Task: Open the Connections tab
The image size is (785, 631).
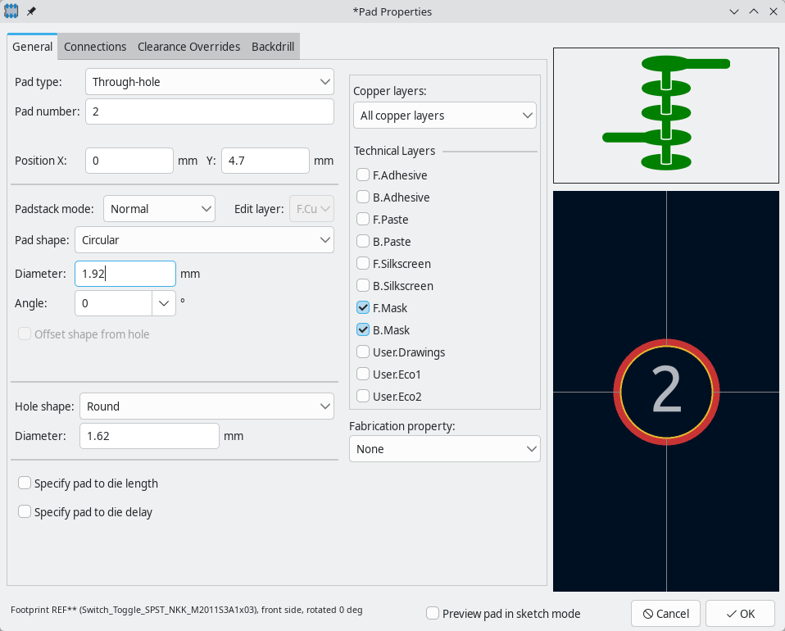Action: coord(95,47)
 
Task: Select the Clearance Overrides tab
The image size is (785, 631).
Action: coord(188,47)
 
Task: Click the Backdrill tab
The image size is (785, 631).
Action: coord(273,47)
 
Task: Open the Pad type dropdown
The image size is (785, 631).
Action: coord(209,82)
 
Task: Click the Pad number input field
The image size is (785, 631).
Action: coord(209,111)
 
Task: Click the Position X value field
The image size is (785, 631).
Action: coord(129,161)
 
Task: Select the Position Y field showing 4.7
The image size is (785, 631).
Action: coord(265,161)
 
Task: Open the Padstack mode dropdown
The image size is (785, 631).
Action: coord(159,209)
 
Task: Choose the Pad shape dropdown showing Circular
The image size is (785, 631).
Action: coord(204,240)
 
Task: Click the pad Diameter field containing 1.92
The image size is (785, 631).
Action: coord(125,274)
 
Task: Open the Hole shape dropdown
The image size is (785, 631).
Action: coord(206,406)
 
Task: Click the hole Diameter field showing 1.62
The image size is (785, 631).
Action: coord(149,436)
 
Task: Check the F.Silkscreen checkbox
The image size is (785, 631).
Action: coord(363,263)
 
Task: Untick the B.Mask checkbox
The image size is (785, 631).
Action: coord(363,330)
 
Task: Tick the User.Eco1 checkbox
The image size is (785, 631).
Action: coord(363,374)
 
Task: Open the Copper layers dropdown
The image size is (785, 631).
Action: coord(445,116)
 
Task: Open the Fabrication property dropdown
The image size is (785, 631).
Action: coord(445,449)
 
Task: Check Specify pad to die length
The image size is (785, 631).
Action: coord(25,483)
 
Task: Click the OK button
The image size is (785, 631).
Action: coord(740,614)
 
